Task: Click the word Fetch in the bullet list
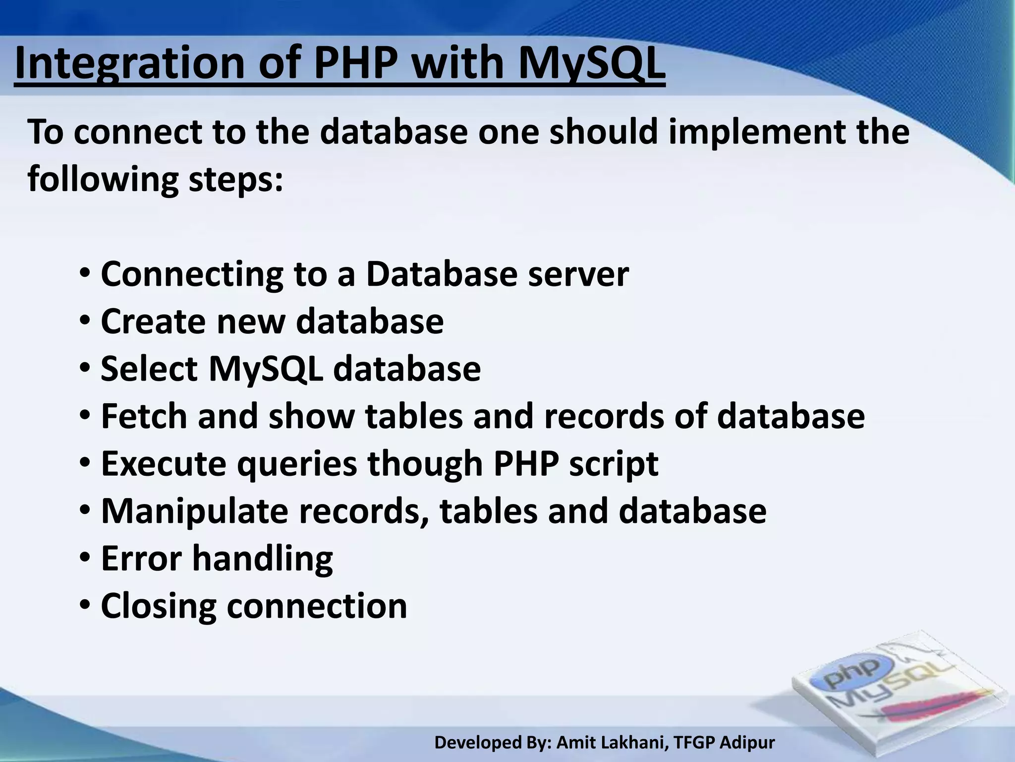coord(144,416)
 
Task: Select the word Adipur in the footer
coord(747,743)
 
